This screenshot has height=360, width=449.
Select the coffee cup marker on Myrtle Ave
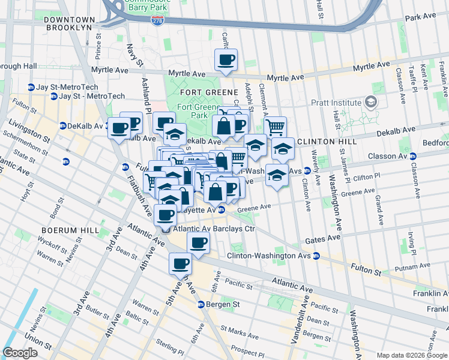[226, 60]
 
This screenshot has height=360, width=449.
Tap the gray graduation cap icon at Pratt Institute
[372, 103]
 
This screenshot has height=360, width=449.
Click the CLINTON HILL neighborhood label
[327, 142]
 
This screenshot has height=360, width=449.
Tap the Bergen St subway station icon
[202, 304]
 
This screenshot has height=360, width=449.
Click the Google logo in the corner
[20, 352]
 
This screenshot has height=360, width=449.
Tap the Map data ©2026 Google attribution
[412, 355]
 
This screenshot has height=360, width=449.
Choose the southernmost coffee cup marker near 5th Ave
[180, 263]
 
